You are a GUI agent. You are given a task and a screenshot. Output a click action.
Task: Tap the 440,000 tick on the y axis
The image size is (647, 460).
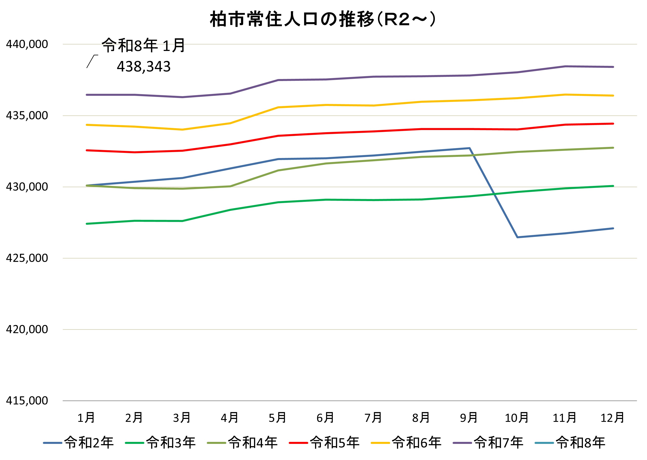(27, 44)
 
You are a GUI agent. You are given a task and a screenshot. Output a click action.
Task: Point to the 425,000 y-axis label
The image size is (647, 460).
(27, 258)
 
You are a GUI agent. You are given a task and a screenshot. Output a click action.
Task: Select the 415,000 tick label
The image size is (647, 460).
(27, 400)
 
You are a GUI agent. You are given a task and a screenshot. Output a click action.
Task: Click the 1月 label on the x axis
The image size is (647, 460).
(86, 418)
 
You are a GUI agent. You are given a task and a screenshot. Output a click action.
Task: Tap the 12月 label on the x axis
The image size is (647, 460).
(613, 418)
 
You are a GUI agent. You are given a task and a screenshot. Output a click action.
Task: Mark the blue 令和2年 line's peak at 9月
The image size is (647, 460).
(470, 148)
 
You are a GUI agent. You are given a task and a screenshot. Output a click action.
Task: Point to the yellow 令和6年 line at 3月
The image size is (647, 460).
(182, 129)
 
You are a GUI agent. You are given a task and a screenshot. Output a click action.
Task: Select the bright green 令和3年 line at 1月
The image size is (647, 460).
(87, 224)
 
